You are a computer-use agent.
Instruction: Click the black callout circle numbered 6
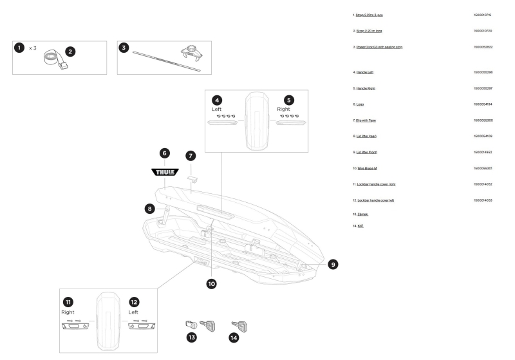(165, 153)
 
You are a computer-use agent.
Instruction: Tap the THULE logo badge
(165, 172)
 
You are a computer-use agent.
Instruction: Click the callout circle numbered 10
(211, 283)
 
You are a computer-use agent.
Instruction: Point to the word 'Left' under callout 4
(216, 109)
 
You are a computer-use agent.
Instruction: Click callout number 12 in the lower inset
(134, 301)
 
